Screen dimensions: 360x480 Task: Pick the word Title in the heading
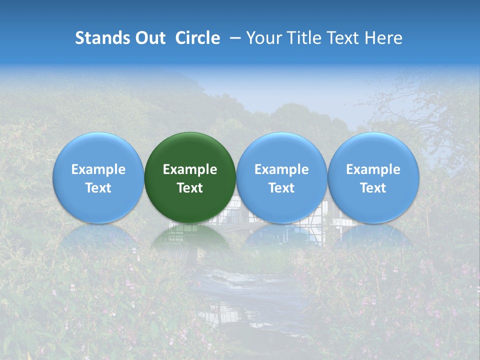pyautogui.click(x=304, y=38)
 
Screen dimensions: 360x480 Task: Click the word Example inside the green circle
pyautogui.click(x=190, y=169)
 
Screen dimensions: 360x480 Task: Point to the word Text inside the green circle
pyautogui.click(x=190, y=188)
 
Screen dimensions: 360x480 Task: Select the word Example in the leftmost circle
pyautogui.click(x=98, y=169)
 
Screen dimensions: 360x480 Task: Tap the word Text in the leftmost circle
pyautogui.click(x=98, y=188)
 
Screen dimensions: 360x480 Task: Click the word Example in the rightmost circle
pyautogui.click(x=373, y=169)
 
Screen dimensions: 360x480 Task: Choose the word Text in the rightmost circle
pyautogui.click(x=373, y=188)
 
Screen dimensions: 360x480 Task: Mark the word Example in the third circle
pyautogui.click(x=281, y=169)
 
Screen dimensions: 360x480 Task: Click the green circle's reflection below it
pyautogui.click(x=190, y=239)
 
